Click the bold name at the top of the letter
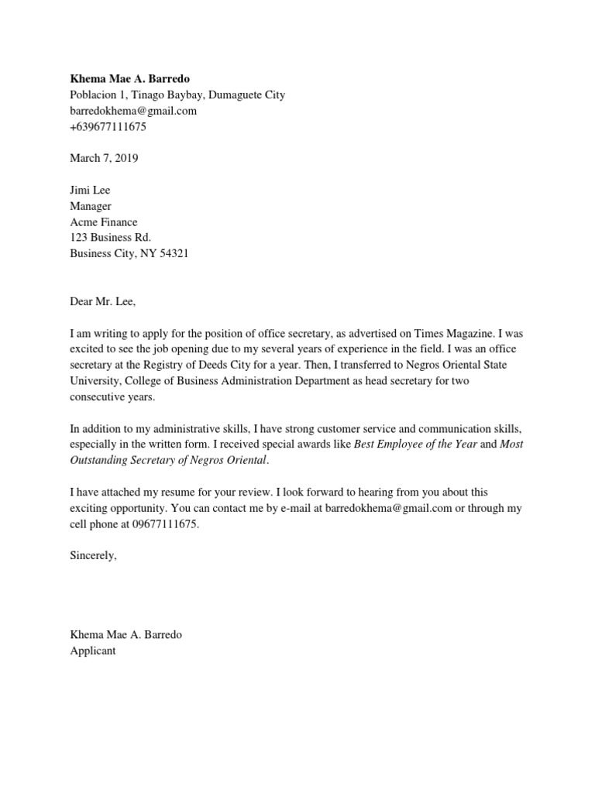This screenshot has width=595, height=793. click(129, 80)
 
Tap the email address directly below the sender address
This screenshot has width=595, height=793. click(133, 111)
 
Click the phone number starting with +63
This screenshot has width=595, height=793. click(108, 127)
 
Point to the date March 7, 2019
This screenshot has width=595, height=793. click(105, 158)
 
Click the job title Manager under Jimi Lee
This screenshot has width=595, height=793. click(91, 206)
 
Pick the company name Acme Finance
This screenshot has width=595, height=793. click(104, 222)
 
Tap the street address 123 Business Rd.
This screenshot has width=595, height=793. click(110, 238)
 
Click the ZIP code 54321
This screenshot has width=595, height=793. click(174, 253)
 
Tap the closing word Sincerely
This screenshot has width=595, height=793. click(93, 555)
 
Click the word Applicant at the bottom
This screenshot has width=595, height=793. click(93, 651)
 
